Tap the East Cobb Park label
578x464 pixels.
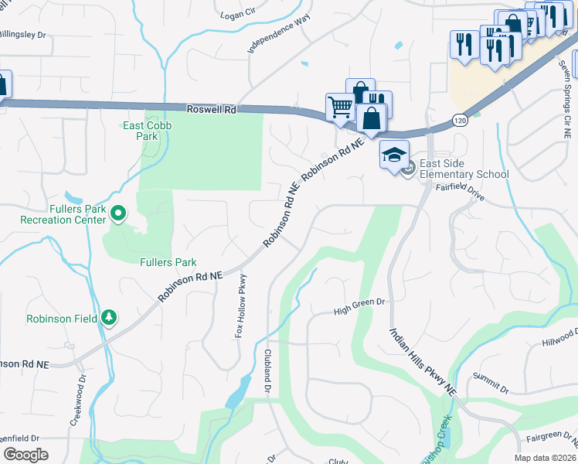[147, 131]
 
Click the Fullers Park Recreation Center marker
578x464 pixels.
[118, 212]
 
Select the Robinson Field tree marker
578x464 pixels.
[109, 318]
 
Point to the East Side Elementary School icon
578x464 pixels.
[394, 156]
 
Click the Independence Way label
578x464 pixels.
[278, 32]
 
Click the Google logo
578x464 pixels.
[25, 454]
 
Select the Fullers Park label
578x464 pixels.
[168, 263]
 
